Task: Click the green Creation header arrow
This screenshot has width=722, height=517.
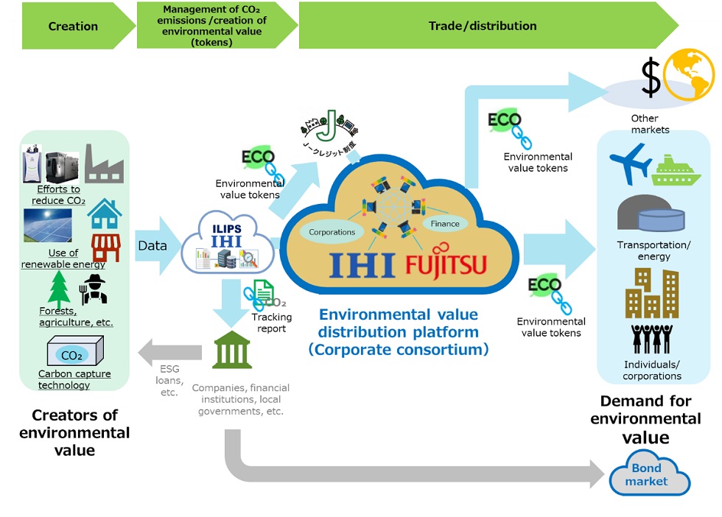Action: click(73, 27)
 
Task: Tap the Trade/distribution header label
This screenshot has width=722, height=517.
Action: click(483, 26)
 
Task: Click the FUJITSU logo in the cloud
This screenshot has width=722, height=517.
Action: click(446, 264)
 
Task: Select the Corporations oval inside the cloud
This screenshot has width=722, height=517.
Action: click(332, 232)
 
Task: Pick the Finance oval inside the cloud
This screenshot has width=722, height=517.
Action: click(446, 223)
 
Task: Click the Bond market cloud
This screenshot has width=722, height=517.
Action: click(646, 475)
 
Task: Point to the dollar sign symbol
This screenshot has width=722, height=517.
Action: click(651, 79)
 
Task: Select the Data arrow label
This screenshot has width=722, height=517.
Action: click(152, 245)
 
